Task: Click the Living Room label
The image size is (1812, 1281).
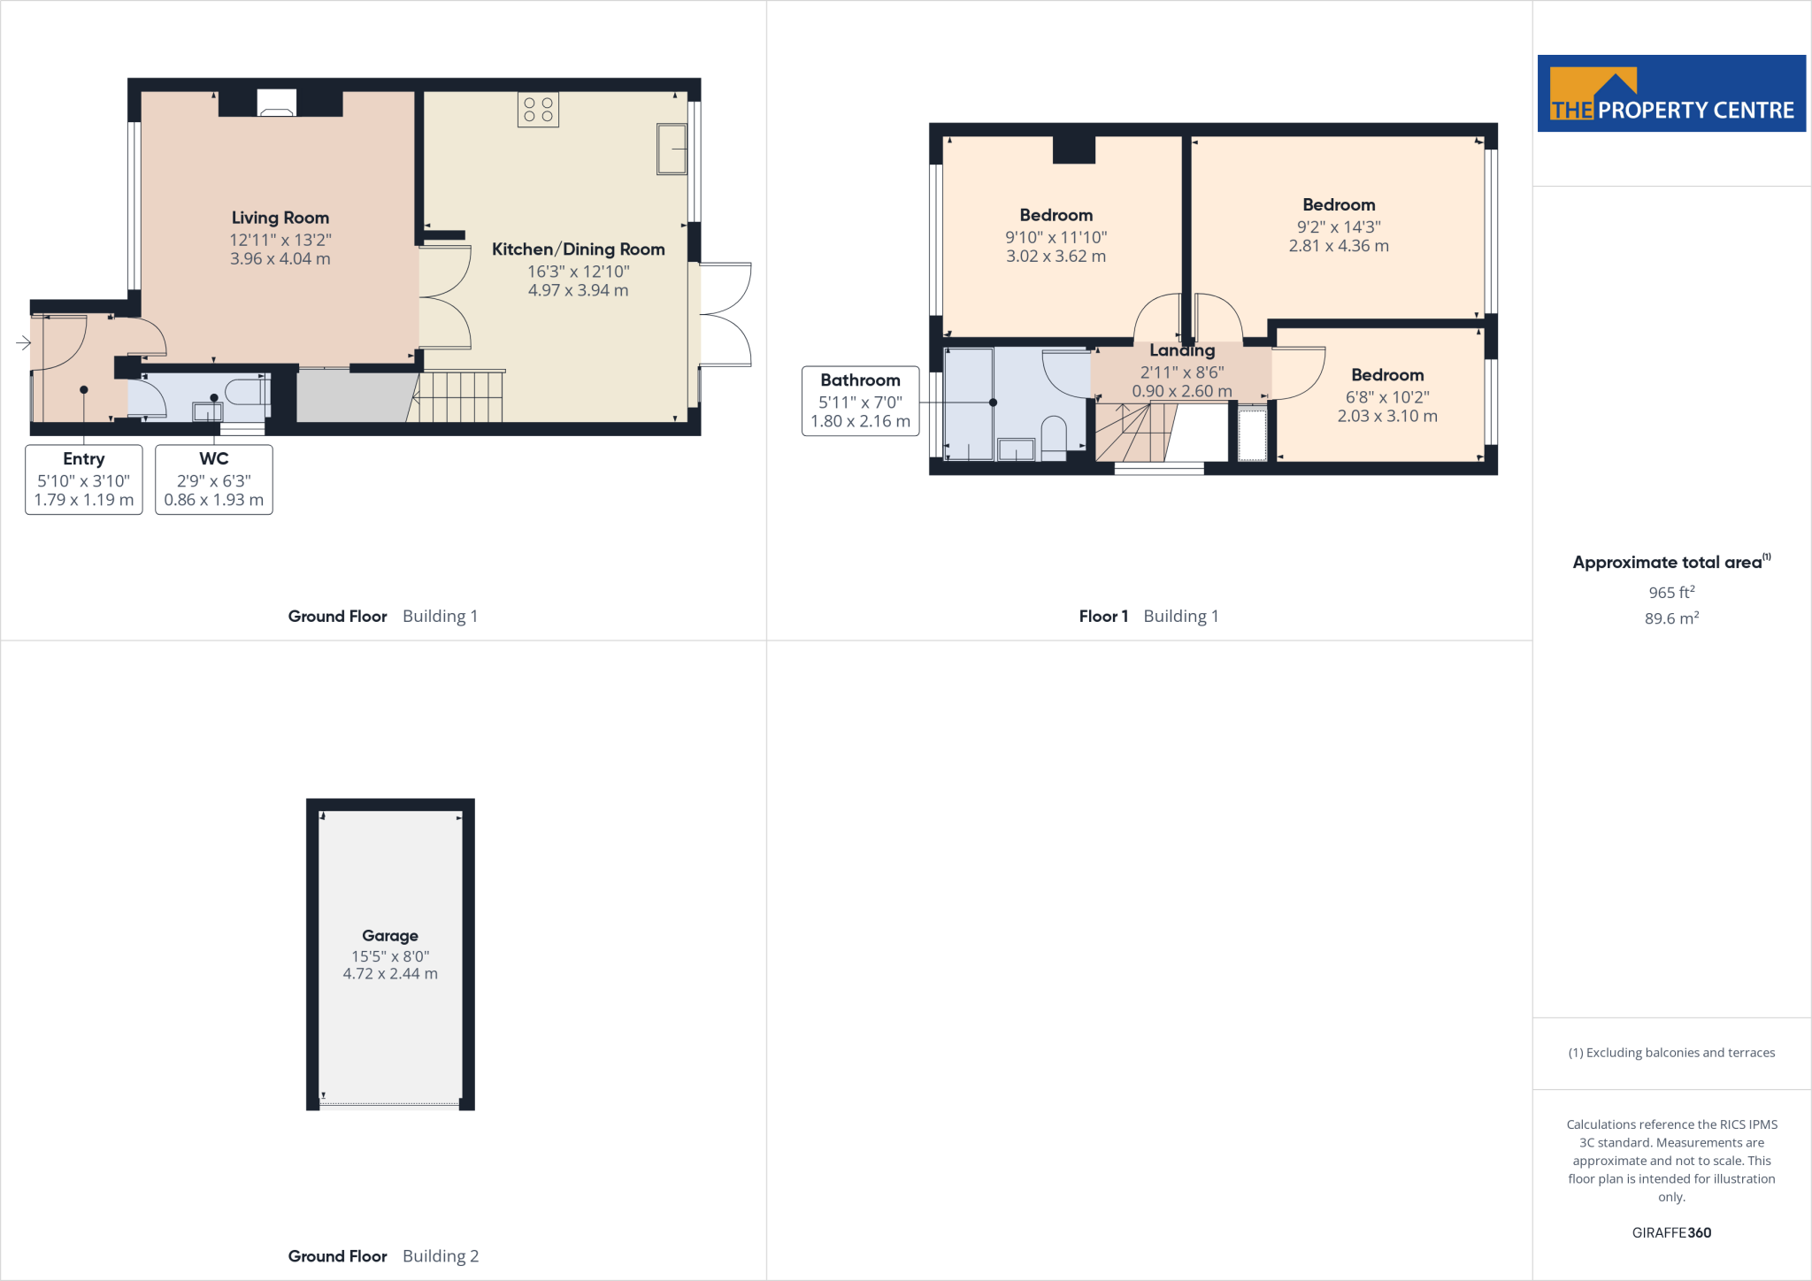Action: pos(280,218)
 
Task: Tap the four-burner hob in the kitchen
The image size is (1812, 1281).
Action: pos(538,110)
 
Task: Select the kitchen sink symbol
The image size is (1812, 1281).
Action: pos(672,150)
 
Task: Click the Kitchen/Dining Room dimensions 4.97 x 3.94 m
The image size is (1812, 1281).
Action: pos(578,290)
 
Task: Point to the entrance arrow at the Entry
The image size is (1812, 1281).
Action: pos(23,342)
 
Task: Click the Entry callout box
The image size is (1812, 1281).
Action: pos(84,479)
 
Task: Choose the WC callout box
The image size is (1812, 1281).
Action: pos(214,479)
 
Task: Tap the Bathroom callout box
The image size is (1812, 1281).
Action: pos(860,401)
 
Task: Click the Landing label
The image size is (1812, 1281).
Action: pos(1182,351)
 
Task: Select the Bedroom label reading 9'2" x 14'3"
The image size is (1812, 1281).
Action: pos(1339,205)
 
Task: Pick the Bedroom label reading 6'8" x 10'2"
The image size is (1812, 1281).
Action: pos(1387,375)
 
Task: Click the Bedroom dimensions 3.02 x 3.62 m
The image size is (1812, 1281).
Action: pos(1056,257)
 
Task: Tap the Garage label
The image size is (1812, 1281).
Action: pos(390,936)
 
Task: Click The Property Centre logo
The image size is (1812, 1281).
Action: pos(1671,94)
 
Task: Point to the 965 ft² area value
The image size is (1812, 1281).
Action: pos(1671,593)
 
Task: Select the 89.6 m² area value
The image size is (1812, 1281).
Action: pos(1671,618)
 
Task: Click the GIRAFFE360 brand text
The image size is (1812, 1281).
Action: pos(1671,1232)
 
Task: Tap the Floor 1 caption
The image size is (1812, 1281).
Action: pos(1103,617)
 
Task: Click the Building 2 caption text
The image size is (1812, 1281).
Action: pos(441,1256)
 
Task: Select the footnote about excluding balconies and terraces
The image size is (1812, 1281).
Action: pos(1671,1053)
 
